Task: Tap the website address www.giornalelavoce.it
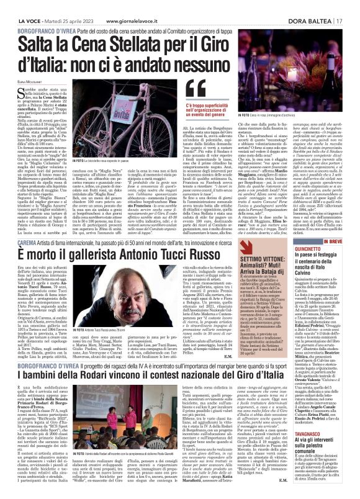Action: click(x=130, y=5)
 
